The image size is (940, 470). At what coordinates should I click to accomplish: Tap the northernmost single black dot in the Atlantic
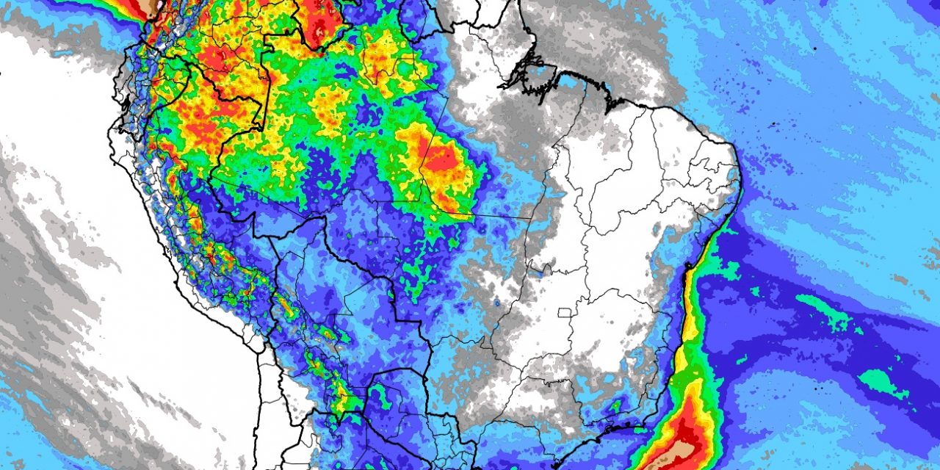(x=814, y=48)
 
